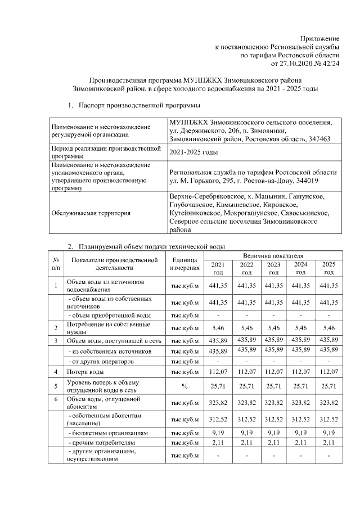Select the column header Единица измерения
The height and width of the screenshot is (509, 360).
[x=185, y=264]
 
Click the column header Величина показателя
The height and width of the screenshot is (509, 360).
[x=273, y=255]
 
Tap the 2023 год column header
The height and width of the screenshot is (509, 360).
[x=274, y=268]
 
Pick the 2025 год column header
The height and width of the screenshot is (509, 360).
[x=327, y=268]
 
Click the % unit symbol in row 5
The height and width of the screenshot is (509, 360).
[x=185, y=386]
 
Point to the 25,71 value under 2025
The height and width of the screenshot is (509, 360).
[x=327, y=386]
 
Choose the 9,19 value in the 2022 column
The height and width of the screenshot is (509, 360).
[x=246, y=434]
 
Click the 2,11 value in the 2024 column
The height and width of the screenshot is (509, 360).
[x=300, y=444]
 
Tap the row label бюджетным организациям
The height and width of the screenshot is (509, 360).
[x=107, y=434]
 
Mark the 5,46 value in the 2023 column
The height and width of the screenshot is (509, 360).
[x=274, y=327]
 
